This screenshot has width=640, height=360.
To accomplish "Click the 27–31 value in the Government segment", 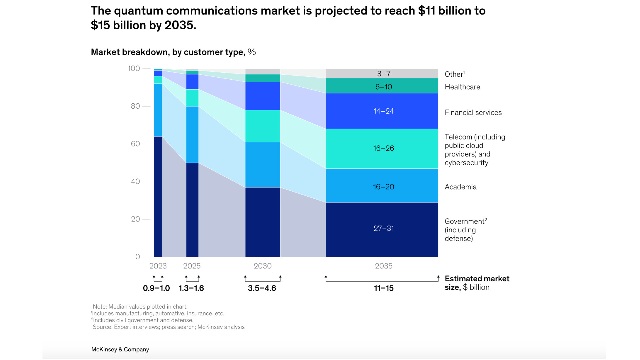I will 383,229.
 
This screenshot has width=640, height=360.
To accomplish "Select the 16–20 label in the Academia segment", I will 383,187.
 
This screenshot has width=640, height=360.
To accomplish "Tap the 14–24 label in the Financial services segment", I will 383,111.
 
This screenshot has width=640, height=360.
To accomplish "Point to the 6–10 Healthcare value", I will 383,87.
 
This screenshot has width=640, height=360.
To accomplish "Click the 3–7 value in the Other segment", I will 383,74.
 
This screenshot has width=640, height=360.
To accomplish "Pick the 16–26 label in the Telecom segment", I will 383,148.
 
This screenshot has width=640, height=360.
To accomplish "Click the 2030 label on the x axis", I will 262,266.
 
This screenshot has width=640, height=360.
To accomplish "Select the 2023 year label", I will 158,266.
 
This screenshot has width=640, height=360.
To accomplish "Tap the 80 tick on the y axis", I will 135,106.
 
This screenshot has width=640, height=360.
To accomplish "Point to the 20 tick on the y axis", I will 135,219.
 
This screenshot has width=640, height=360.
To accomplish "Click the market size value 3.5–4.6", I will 262,288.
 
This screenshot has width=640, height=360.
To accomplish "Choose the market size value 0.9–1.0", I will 156,288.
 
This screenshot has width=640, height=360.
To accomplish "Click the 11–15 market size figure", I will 383,288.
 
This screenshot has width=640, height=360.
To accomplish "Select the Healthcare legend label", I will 462,87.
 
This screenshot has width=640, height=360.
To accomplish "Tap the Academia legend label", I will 460,187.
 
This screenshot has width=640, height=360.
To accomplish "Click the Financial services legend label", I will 473,113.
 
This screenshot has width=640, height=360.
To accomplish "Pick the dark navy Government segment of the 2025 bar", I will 192,210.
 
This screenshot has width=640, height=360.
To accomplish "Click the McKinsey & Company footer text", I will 120,349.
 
